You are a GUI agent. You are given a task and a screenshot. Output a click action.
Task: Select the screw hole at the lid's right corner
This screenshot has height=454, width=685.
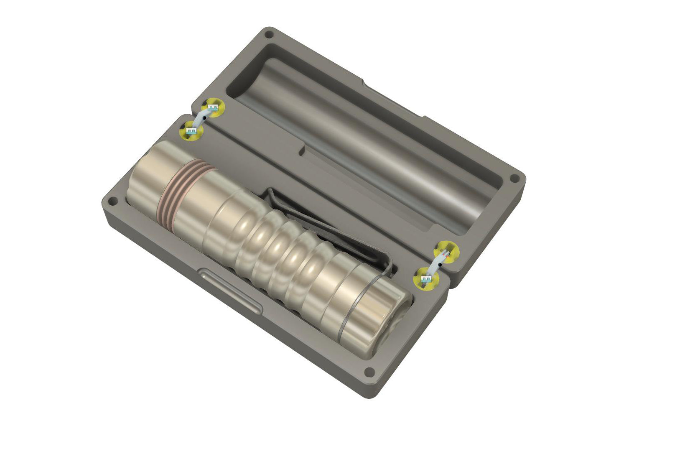(x=515, y=179)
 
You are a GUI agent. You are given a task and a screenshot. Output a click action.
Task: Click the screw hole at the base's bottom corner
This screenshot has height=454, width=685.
(x=369, y=371)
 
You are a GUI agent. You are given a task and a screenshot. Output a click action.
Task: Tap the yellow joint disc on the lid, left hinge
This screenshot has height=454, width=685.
(x=214, y=108)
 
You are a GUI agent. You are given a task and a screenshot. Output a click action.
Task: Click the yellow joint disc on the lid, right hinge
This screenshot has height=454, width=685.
(x=448, y=251)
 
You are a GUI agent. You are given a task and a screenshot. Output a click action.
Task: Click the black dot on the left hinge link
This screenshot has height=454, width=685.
(x=204, y=118)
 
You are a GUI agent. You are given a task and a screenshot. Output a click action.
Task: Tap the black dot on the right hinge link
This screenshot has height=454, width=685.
(x=439, y=264)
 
